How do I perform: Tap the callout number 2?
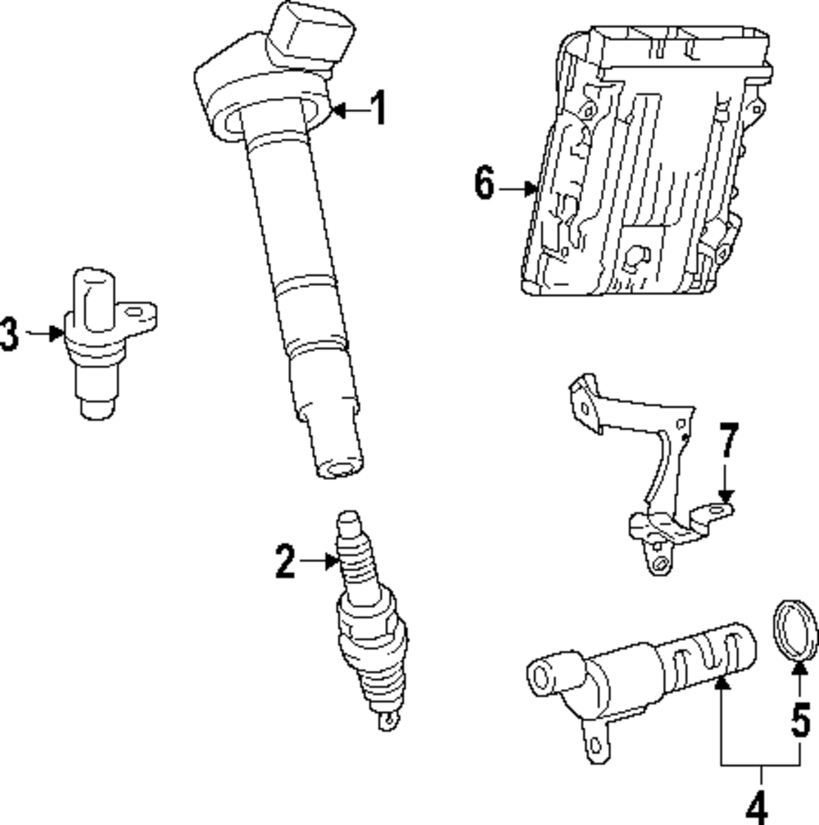pyautogui.click(x=284, y=562)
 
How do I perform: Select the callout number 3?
pyautogui.click(x=9, y=334)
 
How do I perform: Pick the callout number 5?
pyautogui.click(x=800, y=718)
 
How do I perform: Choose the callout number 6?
pyautogui.click(x=484, y=184)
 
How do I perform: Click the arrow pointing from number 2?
pyautogui.click(x=319, y=561)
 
